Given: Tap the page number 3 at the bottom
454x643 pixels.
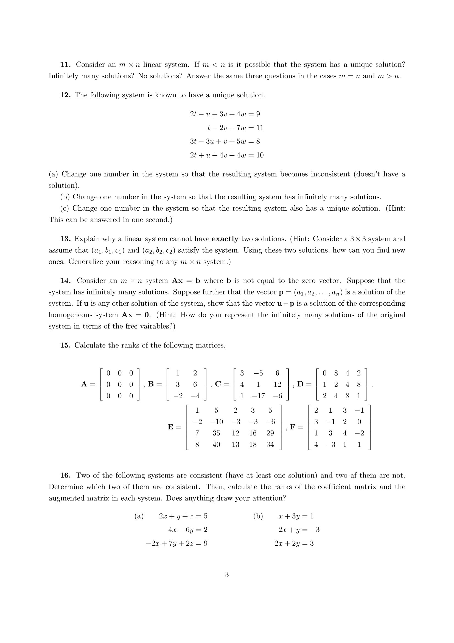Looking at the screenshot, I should (227, 575).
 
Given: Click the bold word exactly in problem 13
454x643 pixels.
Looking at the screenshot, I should (225, 239).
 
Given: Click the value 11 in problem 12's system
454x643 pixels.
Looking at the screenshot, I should (260, 128).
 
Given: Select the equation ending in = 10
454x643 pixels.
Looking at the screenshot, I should (227, 155).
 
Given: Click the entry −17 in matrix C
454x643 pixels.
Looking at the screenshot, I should (258, 396).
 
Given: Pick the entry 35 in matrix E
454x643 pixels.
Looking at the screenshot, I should (216, 433).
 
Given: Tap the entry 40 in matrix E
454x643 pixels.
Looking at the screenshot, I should (216, 445).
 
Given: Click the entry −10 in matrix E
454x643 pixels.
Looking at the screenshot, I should (216, 422).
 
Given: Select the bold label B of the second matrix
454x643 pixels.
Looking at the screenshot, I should (151, 384).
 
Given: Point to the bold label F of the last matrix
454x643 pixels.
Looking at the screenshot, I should (293, 427).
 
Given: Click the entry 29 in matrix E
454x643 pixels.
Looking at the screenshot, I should (270, 433).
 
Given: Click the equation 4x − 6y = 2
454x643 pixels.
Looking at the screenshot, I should (187, 530).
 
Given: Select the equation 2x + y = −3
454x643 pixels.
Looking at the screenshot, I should (299, 530).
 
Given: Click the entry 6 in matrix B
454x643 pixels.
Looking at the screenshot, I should (195, 385).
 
